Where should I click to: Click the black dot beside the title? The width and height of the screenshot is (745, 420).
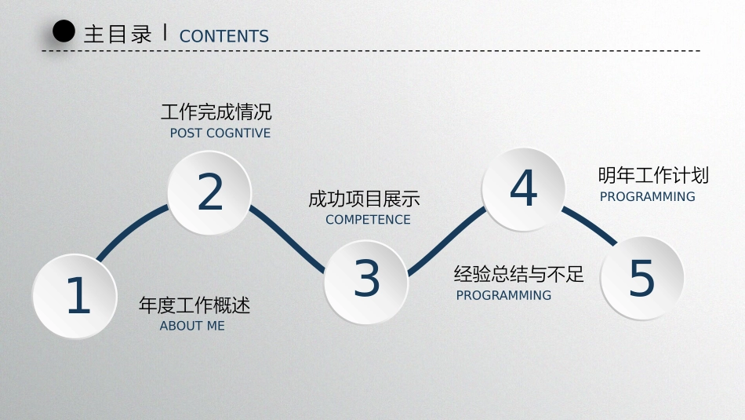[x=64, y=31]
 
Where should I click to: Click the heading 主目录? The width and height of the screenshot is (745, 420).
[x=118, y=35]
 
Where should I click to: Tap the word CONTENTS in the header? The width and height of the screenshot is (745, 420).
[x=224, y=36]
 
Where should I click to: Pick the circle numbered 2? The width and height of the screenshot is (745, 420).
[x=210, y=192]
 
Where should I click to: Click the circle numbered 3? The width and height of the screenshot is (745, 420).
[x=366, y=279]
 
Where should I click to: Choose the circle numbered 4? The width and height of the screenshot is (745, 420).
[x=523, y=189]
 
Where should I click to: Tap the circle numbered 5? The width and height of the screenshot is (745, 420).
[x=641, y=278]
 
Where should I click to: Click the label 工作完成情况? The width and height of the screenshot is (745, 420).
[x=216, y=111]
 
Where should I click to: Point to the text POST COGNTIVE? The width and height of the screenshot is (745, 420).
[x=220, y=133]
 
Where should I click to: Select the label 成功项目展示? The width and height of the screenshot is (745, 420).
[x=364, y=199]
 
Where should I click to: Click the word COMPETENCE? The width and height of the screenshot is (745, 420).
[x=368, y=220]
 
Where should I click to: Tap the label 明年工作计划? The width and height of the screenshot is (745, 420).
[x=652, y=175]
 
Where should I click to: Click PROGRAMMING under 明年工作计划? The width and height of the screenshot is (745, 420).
[x=648, y=197]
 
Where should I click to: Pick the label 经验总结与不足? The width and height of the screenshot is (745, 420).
[x=519, y=274]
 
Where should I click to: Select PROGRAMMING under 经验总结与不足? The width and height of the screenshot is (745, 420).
[x=503, y=296]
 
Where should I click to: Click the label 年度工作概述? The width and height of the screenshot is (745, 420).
[x=194, y=305]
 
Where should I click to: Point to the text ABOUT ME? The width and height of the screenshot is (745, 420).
[x=192, y=326]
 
